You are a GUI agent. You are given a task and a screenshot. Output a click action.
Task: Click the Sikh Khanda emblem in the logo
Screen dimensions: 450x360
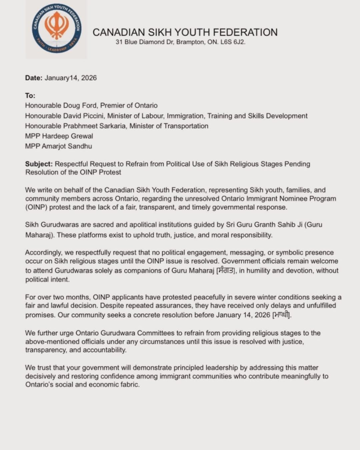56,25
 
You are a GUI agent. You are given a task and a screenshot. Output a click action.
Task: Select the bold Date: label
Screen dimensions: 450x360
33,78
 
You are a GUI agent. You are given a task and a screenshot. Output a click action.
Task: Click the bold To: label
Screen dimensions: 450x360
30,95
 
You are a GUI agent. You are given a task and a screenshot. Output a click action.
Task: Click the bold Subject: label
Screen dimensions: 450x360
38,164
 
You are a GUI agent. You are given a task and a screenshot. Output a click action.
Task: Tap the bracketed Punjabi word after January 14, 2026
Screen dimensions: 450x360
282,315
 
